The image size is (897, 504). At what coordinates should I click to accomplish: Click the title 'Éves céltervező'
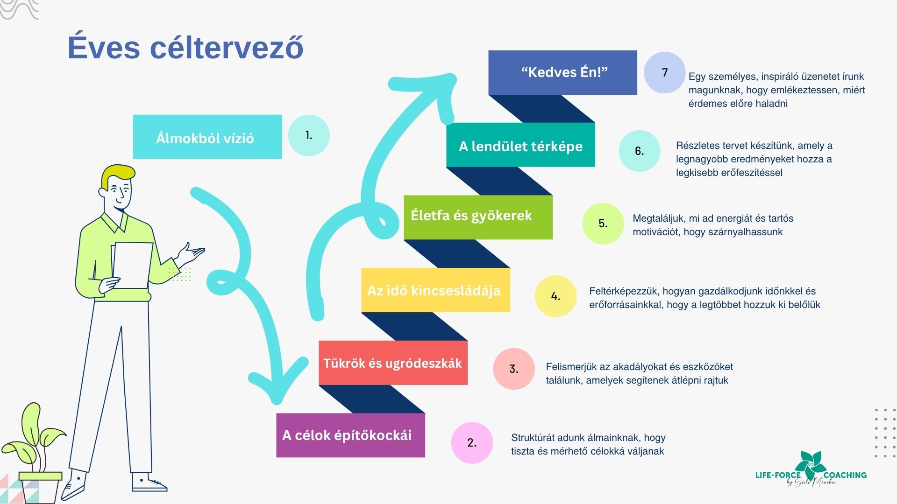(185, 47)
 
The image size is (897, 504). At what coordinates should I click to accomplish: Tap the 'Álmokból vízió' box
(207, 137)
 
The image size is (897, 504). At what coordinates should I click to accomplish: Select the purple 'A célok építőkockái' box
(350, 435)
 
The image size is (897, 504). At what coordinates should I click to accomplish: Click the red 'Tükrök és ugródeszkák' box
(393, 363)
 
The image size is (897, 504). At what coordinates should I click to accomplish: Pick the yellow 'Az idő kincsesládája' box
(435, 290)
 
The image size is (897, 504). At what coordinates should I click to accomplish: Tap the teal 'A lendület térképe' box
(520, 146)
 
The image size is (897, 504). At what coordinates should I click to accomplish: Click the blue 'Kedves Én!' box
(562, 72)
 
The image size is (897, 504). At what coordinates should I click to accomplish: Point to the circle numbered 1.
(309, 135)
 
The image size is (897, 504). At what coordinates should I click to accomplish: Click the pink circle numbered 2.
(472, 442)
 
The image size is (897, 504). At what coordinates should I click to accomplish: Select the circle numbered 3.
(514, 369)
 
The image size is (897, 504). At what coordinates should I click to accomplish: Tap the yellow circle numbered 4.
(555, 296)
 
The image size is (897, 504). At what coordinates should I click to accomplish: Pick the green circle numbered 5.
(603, 224)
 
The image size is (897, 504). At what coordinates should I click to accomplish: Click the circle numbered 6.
(640, 151)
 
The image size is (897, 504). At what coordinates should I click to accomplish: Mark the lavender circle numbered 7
(664, 72)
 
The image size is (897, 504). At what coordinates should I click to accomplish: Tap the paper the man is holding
(133, 264)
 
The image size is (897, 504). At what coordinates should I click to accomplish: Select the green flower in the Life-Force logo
(812, 464)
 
